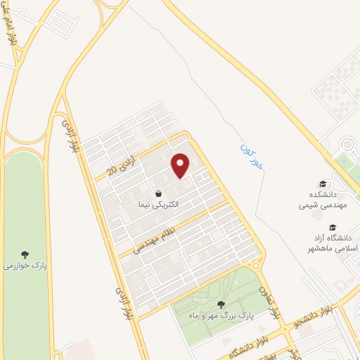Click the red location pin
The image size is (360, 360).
[x=181, y=165]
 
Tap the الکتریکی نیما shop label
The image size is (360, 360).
[x=159, y=204]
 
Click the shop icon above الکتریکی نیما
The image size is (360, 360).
[x=159, y=193]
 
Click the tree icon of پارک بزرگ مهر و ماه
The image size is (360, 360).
[x=221, y=304]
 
